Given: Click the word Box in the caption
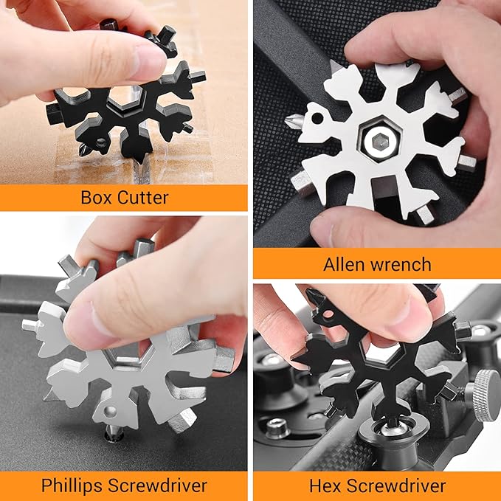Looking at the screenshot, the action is click(x=96, y=197).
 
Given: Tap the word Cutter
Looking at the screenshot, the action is click(x=142, y=198).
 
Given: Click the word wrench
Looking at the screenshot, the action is click(x=401, y=265).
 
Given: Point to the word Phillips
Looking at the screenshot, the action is click(x=72, y=486).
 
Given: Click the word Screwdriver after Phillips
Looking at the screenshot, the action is click(x=157, y=486).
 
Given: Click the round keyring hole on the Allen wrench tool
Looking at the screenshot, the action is click(x=317, y=118).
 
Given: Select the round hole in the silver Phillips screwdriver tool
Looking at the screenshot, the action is click(x=110, y=412).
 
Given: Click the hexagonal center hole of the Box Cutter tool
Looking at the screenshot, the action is click(x=126, y=98).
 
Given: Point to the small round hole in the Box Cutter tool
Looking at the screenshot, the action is click(x=101, y=141).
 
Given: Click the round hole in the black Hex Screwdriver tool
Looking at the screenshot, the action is click(x=328, y=315).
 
